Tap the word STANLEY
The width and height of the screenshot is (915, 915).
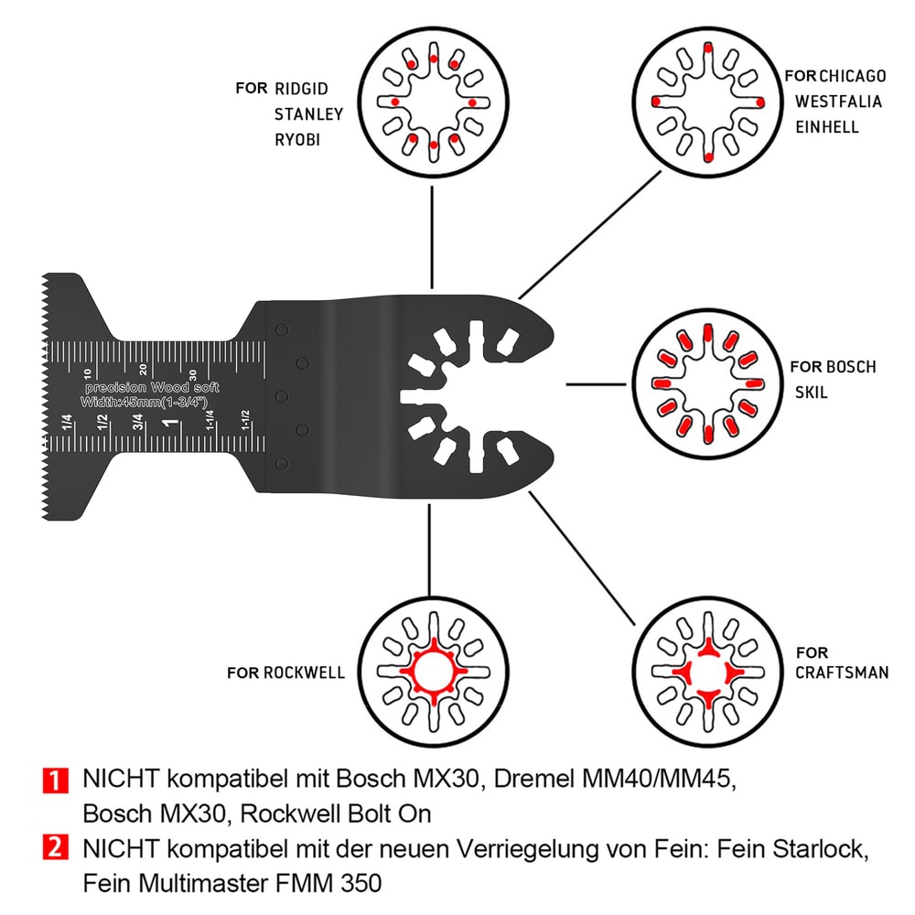(309, 114)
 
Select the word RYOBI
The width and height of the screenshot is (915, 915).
(298, 139)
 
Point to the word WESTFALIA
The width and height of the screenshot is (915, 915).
(838, 101)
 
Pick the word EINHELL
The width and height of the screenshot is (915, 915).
(827, 126)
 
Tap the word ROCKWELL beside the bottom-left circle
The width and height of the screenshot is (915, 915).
(304, 673)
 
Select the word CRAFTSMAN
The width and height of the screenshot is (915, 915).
(841, 673)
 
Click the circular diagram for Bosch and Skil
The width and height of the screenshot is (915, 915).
(709, 384)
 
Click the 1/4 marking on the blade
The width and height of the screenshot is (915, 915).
(67, 423)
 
